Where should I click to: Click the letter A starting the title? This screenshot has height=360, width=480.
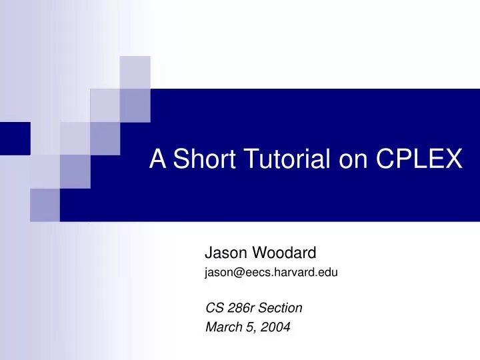(x=157, y=159)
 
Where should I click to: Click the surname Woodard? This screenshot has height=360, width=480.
(x=285, y=253)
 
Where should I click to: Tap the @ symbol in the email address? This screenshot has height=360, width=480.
(x=235, y=272)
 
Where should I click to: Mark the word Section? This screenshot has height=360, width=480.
(x=281, y=308)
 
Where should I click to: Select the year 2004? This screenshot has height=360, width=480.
(x=276, y=327)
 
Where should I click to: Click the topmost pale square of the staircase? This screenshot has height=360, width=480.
(x=135, y=72)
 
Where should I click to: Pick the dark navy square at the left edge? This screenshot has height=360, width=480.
(x=15, y=138)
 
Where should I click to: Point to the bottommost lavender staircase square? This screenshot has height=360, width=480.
(x=45, y=205)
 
